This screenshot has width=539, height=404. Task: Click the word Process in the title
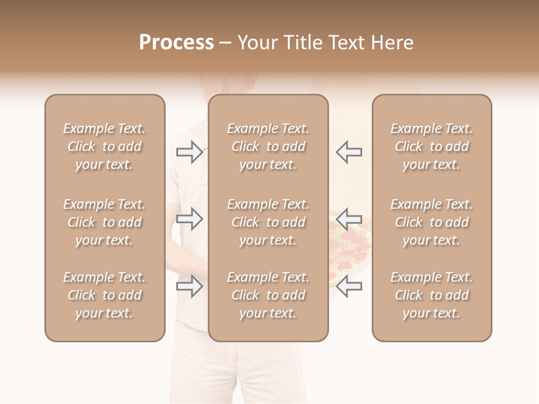pos(176,43)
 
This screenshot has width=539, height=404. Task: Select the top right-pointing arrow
pos(190,152)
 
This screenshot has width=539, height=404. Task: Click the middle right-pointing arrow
pos(190,219)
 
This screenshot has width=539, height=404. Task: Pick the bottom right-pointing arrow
pos(190,287)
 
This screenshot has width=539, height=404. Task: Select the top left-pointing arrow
pos(349,152)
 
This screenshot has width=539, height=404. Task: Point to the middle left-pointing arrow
pos(349,219)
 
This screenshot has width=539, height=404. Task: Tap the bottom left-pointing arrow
pos(349,287)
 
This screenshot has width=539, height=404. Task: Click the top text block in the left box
pos(104,146)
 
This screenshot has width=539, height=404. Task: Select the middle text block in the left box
pos(104,222)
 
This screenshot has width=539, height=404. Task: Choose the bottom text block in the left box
pos(104,295)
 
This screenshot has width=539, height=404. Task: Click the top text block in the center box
pos(268,146)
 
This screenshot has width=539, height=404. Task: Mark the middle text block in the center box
pos(268,222)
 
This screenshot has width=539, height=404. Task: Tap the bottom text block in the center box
pos(268,295)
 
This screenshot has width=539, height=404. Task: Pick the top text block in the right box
pos(431,146)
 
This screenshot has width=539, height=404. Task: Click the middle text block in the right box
pos(431,222)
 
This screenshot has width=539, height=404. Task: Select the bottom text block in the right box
pos(431,295)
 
